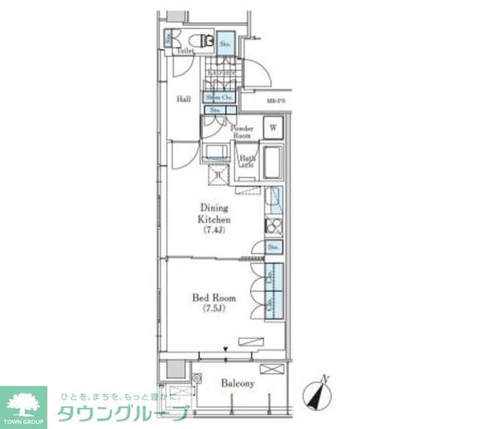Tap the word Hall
pos(184,100)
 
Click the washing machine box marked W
pos(273,127)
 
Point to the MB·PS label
pos(276,100)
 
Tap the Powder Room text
pos(242,133)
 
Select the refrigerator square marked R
pos(218,173)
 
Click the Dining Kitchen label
pos(215,213)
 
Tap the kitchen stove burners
pos(273,225)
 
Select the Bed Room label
pos(213,298)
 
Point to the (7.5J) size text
pos(213,308)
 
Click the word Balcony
pos(238,384)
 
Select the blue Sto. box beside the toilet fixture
pos(225,41)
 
